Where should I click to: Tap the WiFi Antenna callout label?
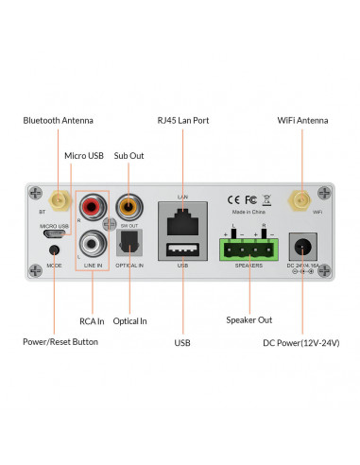tap(302, 121)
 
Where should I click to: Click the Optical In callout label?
tap(129, 320)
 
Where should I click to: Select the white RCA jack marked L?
tap(92, 246)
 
